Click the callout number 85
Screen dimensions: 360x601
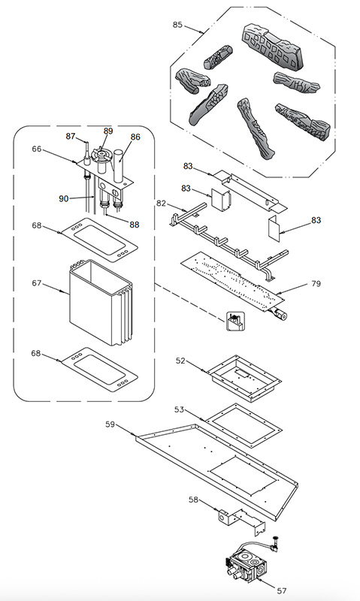point(177,25)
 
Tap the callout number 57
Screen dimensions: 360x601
point(281,590)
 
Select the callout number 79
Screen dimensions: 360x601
point(316,284)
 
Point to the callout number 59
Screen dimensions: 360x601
point(110,424)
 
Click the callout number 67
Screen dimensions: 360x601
point(36,283)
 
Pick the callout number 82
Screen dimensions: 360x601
point(161,203)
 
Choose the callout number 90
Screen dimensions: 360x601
point(64,198)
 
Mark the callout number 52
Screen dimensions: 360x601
point(180,361)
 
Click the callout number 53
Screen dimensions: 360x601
point(179,409)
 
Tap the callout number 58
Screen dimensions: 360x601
point(194,500)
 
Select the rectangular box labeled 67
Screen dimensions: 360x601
point(101,302)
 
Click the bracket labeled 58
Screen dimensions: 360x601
point(241,521)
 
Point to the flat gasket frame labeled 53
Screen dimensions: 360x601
point(209,421)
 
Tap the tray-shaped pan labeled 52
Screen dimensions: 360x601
point(244,379)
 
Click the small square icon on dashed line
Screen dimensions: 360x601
point(235,322)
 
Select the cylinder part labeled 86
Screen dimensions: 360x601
point(119,166)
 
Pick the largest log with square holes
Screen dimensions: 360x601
point(273,47)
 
